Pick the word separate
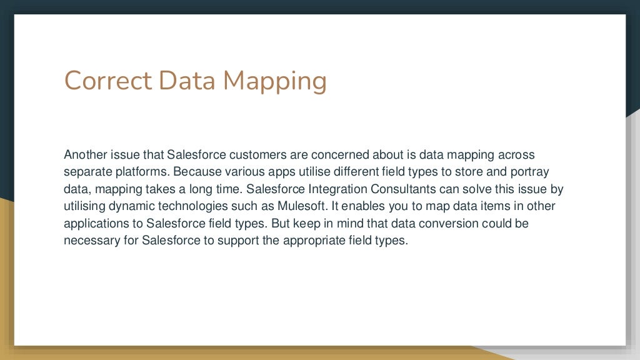[85, 172]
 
